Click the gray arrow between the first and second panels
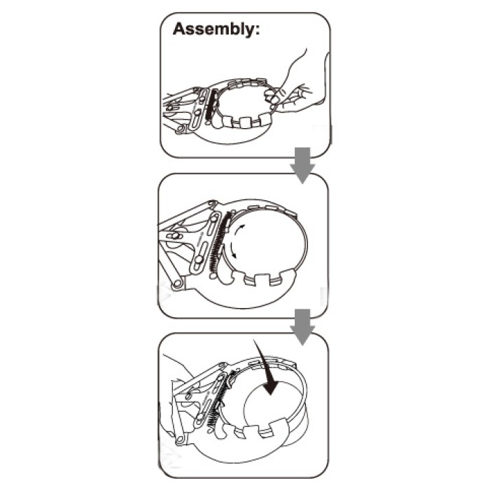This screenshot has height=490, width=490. pos(302,165)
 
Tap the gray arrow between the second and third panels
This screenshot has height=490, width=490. pos(302,327)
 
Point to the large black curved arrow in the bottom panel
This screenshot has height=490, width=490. pos(267,369)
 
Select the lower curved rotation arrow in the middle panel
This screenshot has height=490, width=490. pos(232,251)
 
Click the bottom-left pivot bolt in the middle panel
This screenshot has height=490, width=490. pos(178,283)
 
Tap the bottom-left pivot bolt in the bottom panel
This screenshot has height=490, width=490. pos(179,441)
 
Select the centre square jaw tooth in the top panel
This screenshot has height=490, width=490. pos(244,122)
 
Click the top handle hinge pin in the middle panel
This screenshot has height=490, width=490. pos(213,204)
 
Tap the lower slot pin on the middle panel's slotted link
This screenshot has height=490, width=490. pos(198,260)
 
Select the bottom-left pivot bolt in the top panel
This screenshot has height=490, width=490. pos(181,129)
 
